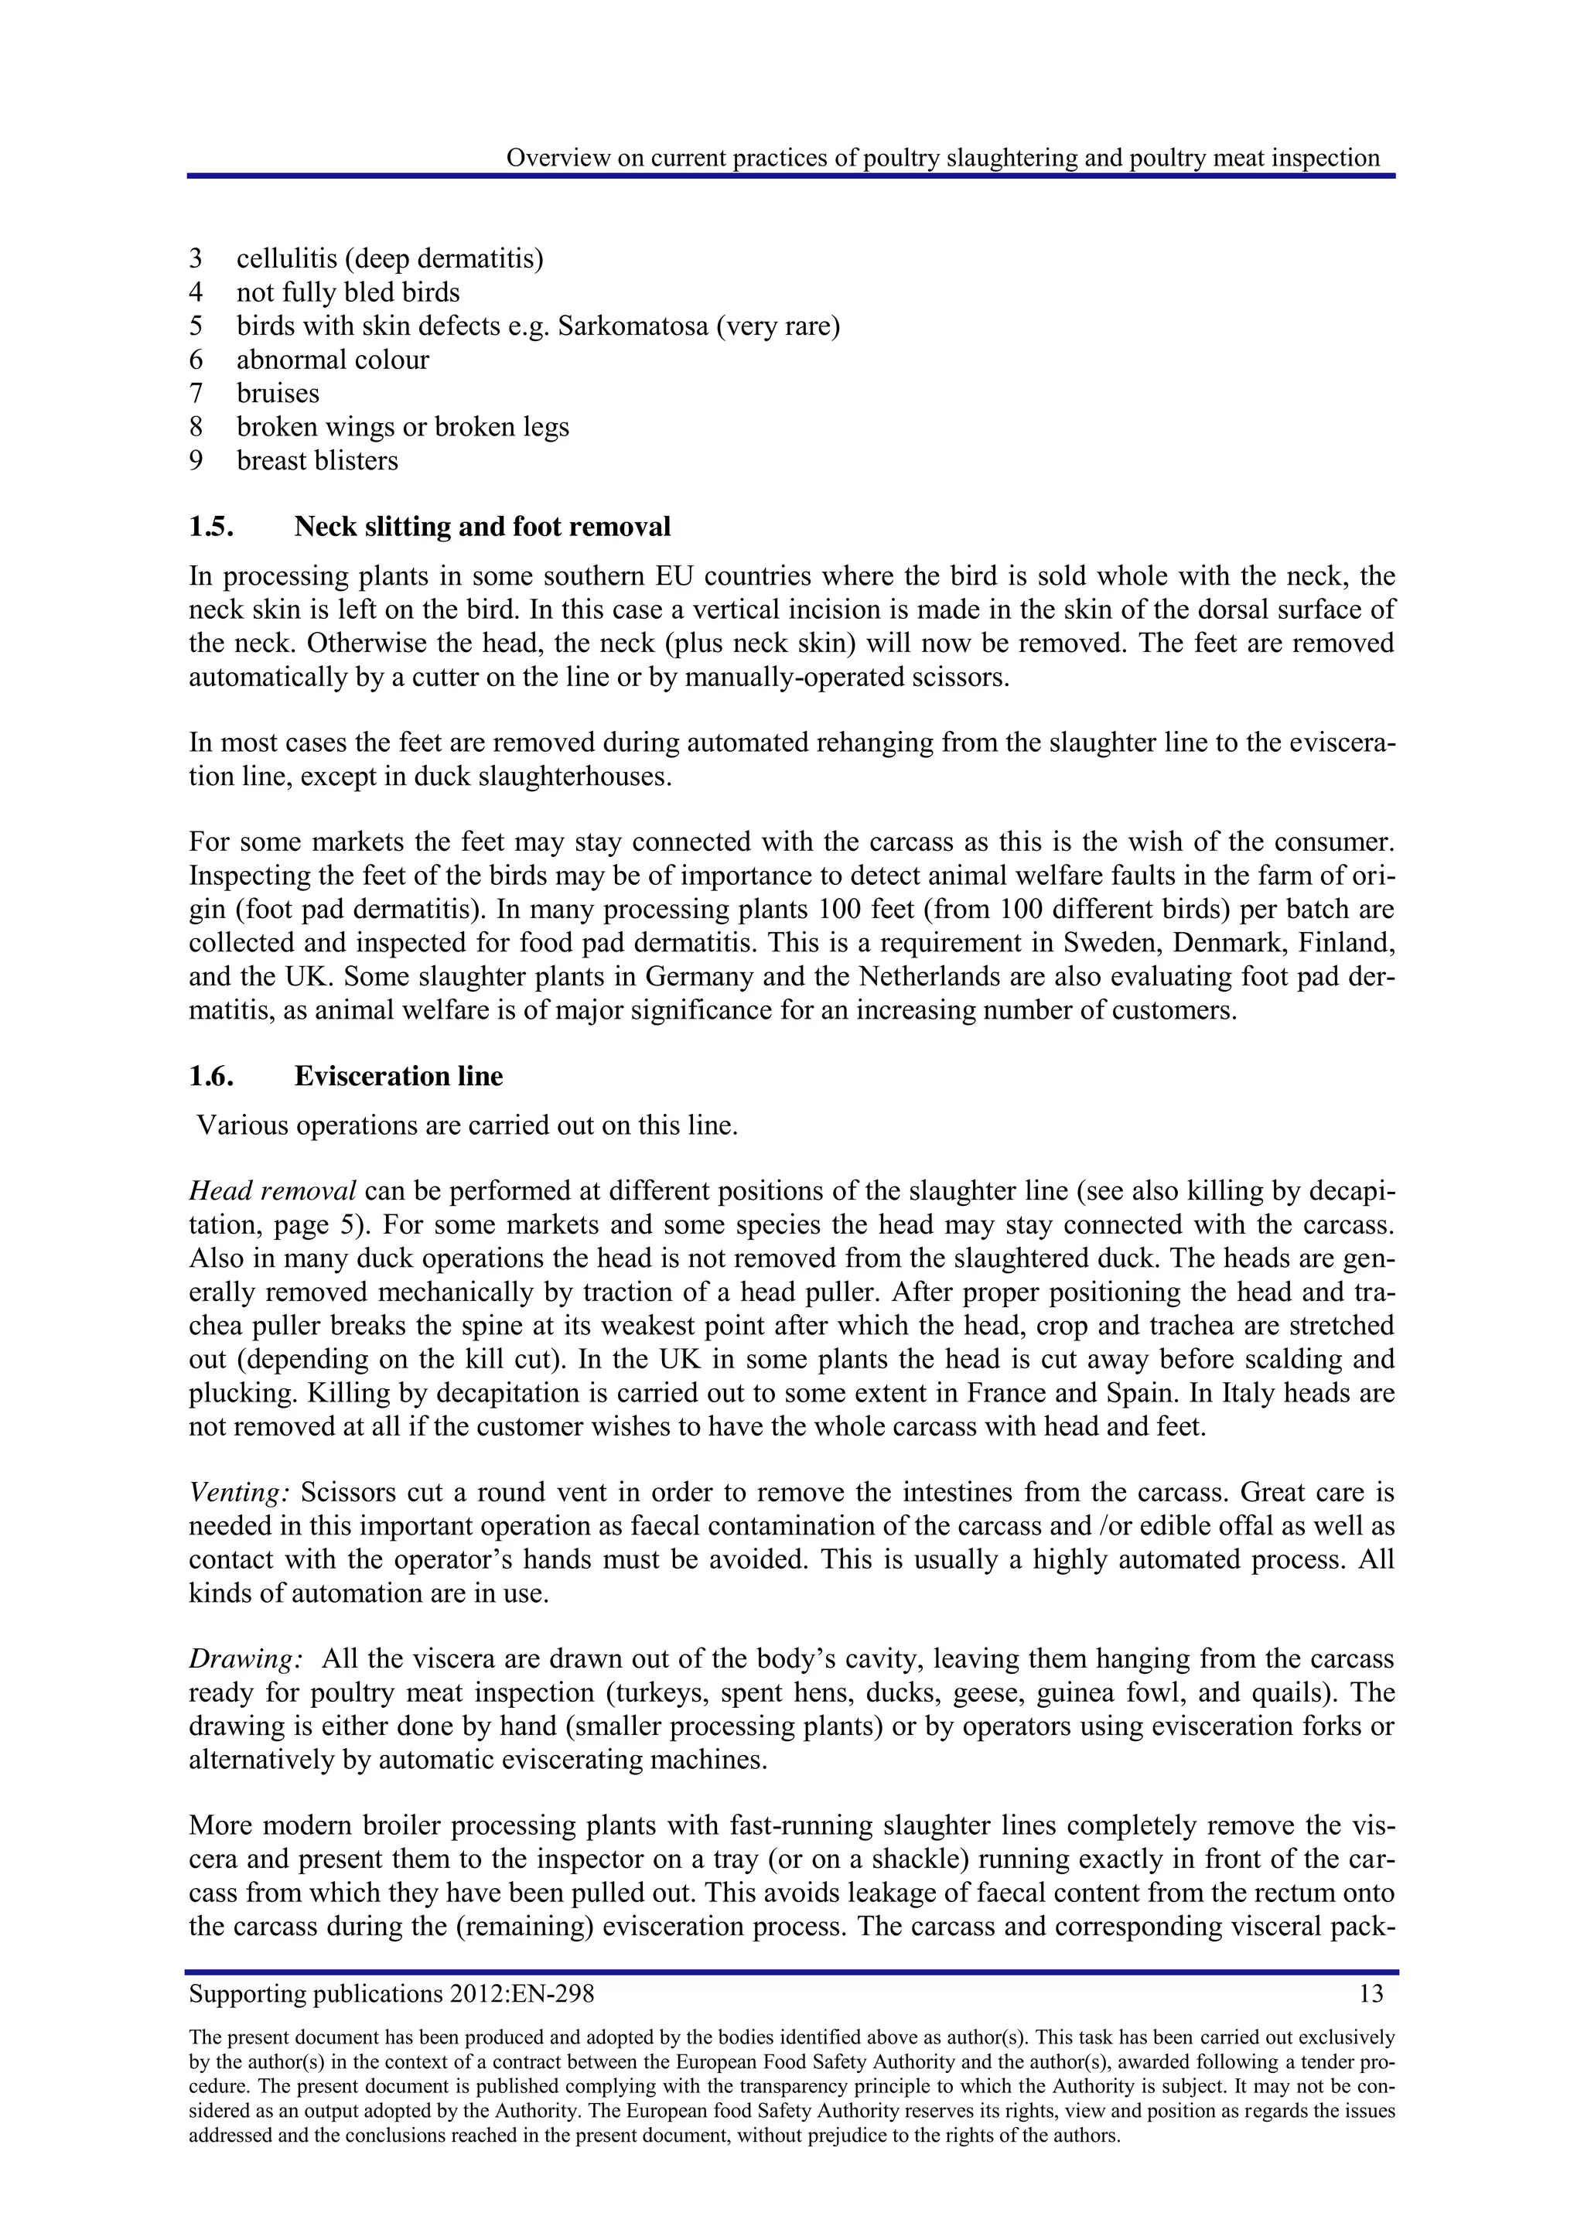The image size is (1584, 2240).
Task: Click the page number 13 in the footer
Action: coord(1371,1993)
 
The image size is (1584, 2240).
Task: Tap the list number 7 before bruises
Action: coord(196,393)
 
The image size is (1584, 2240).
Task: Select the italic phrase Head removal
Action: coord(272,1191)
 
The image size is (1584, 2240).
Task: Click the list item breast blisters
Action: coord(317,460)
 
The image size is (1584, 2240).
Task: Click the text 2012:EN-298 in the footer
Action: coord(522,1993)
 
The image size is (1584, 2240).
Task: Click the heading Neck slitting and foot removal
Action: coord(482,527)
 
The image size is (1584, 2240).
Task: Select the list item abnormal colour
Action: coord(333,360)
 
